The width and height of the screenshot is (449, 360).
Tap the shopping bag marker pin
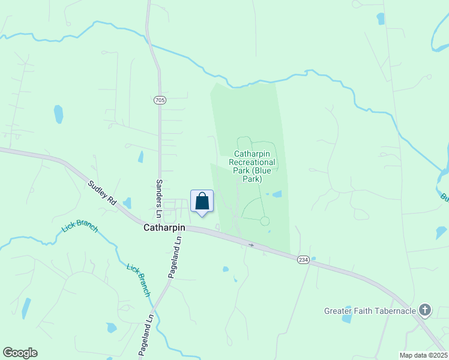click(202, 202)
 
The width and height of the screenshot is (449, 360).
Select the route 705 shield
click(159, 100)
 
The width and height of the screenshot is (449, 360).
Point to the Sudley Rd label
click(102, 193)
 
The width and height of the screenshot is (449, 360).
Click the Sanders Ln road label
click(159, 197)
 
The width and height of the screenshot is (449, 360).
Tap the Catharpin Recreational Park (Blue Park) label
click(254, 166)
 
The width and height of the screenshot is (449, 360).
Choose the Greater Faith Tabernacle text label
click(370, 311)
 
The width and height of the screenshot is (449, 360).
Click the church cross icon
click(425, 310)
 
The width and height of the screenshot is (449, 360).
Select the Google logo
click(20, 353)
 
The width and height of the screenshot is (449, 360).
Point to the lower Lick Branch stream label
click(138, 280)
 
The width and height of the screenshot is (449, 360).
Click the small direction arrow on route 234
click(252, 245)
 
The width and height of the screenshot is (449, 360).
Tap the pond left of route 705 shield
click(58, 113)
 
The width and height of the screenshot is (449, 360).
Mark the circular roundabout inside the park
click(265, 221)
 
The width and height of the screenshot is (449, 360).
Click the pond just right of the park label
click(277, 194)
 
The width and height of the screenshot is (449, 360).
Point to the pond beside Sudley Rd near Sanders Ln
click(127, 203)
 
